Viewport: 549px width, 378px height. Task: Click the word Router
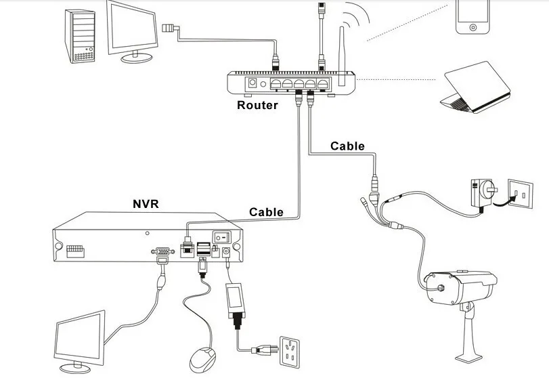257,105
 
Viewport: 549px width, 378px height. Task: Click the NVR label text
146,203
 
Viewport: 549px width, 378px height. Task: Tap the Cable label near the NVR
266,212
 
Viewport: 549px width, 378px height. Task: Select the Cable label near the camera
347,146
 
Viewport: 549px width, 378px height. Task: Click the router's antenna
342,56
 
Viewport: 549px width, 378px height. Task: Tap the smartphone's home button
473,27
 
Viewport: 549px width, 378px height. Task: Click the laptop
475,87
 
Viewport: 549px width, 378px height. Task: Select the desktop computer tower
80,37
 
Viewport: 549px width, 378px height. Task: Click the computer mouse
202,360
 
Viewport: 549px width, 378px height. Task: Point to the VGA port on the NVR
162,251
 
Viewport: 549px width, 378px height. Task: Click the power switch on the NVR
222,237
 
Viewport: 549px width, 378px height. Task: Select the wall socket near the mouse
290,352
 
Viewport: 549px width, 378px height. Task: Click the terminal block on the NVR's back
75,251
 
